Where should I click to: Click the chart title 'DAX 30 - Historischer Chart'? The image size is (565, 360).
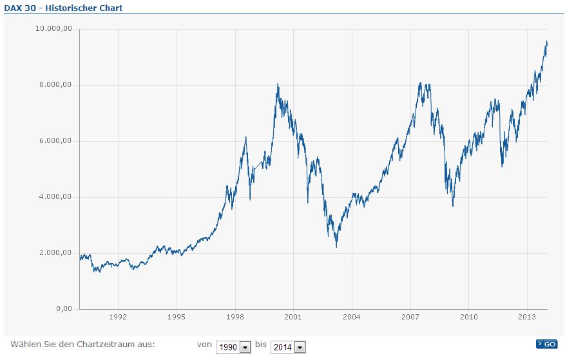63,8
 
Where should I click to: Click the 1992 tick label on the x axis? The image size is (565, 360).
118,317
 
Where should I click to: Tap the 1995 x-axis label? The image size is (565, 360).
177,317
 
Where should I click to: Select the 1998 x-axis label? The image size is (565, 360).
235,317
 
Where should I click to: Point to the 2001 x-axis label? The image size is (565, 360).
293,317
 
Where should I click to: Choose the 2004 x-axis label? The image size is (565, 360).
352,317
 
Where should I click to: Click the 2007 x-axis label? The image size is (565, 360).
410,317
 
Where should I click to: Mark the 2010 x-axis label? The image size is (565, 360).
468,317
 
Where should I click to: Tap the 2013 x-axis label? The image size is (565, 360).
527,317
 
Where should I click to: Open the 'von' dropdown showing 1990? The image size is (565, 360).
233,347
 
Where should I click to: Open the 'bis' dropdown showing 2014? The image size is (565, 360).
288,347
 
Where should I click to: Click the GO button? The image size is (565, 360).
546,344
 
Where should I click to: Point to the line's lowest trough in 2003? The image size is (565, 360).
336,247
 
